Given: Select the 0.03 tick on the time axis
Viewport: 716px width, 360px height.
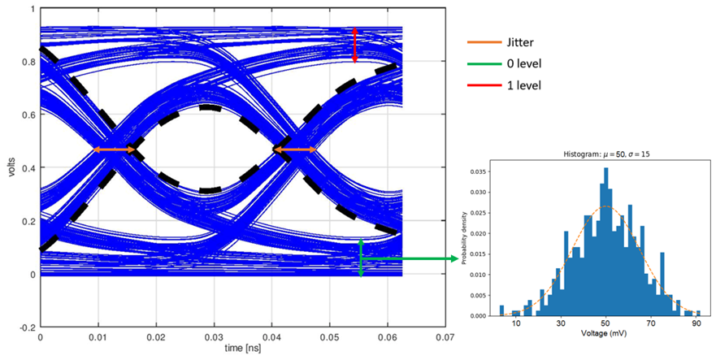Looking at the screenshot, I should (x=214, y=336).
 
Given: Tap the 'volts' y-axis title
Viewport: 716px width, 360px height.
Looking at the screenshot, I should (x=11, y=167).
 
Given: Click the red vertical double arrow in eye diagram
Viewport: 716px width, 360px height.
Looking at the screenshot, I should (x=354, y=45).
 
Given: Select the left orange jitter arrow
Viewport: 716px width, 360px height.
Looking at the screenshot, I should (x=115, y=150).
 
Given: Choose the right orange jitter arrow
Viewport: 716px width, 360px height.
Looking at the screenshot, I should (x=294, y=150).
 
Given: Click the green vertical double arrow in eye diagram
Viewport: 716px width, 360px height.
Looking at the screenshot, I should (x=361, y=258).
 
